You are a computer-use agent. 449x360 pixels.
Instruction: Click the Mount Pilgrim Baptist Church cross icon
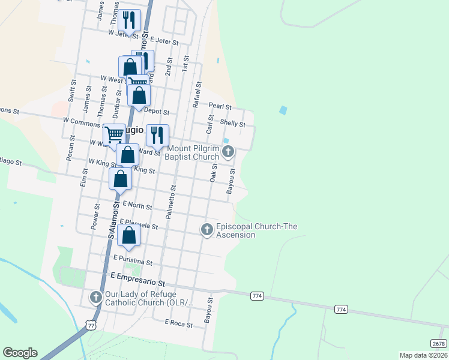(228, 152)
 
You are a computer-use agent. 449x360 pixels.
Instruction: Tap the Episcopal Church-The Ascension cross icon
(206, 229)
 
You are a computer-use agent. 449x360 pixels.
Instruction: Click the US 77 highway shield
(91, 325)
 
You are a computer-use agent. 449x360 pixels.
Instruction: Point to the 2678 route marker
(439, 343)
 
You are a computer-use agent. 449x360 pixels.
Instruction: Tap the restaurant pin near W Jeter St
(130, 20)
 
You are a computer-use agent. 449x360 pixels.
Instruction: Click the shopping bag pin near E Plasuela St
(129, 235)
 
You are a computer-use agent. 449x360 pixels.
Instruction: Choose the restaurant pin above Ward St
(157, 136)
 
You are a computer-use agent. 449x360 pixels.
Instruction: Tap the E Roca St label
(179, 324)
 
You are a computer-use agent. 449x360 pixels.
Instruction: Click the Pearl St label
(220, 106)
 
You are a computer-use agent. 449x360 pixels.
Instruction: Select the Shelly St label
(233, 124)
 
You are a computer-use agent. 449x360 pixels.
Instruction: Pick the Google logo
(20, 353)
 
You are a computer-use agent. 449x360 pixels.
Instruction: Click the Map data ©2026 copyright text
(423, 355)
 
